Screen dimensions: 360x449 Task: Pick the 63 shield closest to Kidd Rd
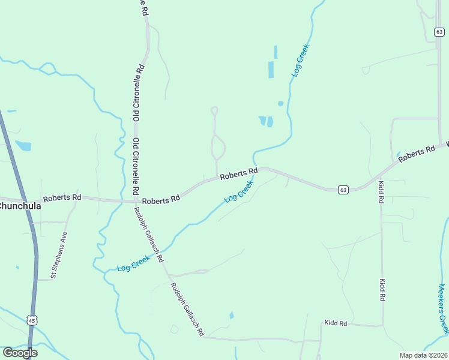click(x=343, y=190)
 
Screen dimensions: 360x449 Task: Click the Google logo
click(x=20, y=353)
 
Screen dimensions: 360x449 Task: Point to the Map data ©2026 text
click(x=423, y=355)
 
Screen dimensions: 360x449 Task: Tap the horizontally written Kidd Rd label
click(x=336, y=323)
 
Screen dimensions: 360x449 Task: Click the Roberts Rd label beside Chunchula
click(x=62, y=197)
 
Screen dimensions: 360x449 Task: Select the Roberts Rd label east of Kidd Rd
click(x=417, y=152)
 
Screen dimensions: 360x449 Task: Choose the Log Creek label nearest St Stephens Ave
click(x=133, y=262)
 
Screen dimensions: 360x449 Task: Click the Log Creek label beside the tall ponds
click(x=301, y=60)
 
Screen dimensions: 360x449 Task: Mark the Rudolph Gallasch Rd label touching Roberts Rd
click(x=148, y=234)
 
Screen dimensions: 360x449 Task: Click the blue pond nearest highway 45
click(x=23, y=145)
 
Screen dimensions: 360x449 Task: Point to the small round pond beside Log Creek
click(x=280, y=104)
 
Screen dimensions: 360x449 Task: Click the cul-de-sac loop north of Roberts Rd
click(x=214, y=110)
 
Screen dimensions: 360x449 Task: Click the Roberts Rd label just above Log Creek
click(x=238, y=175)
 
